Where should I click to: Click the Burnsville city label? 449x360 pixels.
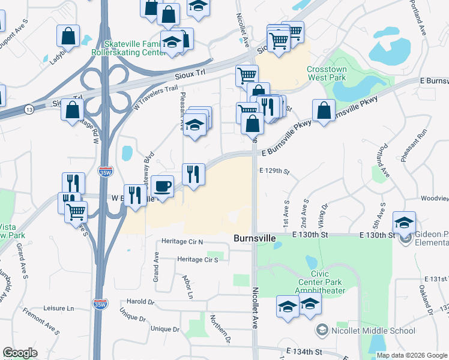pyautogui.click(x=255, y=239)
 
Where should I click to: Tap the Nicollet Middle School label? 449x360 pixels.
pyautogui.click(x=372, y=331)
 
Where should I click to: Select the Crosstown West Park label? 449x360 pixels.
pyautogui.click(x=327, y=74)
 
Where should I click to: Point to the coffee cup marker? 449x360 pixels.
pyautogui.click(x=162, y=185)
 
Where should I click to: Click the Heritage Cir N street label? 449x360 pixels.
pyautogui.click(x=182, y=242)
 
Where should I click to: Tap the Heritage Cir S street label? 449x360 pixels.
pyautogui.click(x=197, y=260)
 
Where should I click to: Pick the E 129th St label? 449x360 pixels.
pyautogui.click(x=274, y=171)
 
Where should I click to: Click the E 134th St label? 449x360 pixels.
pyautogui.click(x=304, y=351)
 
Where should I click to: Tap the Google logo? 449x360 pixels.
pyautogui.click(x=20, y=353)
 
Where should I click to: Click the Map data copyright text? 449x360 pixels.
pyautogui.click(x=411, y=355)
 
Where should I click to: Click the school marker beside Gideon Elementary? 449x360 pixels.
pyautogui.click(x=405, y=221)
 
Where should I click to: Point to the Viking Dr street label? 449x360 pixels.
pyautogui.click(x=325, y=214)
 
